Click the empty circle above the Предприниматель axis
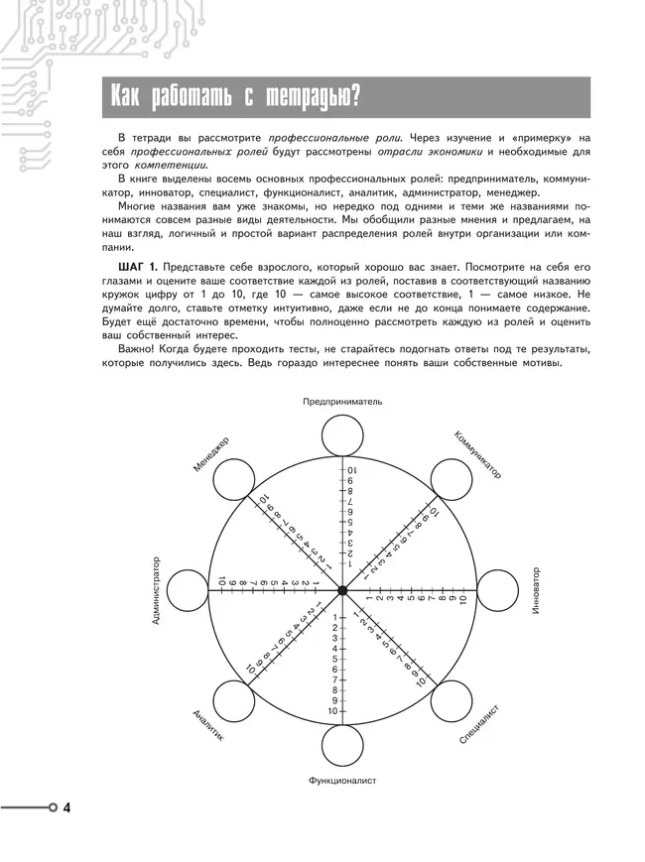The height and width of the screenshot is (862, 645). (342, 434)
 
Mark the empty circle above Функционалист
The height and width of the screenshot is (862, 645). (342, 746)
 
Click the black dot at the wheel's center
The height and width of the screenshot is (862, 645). (342, 591)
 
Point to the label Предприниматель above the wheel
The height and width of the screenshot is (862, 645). (342, 402)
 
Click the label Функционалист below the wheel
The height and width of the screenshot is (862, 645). (342, 781)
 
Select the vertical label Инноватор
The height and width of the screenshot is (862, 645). (535, 591)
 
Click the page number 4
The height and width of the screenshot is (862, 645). (66, 808)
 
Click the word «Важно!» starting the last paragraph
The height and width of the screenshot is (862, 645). (137, 349)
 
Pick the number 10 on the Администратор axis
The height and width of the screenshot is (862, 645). (223, 581)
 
